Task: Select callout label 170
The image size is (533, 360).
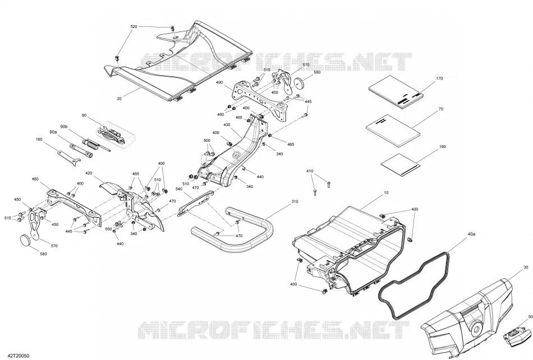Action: click(439, 79)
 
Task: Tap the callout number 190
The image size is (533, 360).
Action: click(442, 147)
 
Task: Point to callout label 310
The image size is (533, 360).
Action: click(295, 201)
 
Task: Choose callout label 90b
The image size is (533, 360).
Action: click(64, 127)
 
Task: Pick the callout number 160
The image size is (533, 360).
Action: click(39, 139)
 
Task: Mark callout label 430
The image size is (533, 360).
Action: click(227, 125)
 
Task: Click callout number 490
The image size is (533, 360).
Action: click(219, 82)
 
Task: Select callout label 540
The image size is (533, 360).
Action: click(179, 189)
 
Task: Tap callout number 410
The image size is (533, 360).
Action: click(310, 171)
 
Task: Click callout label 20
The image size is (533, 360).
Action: click(119, 99)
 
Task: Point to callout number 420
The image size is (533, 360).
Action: click(89, 173)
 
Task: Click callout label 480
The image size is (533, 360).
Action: click(35, 179)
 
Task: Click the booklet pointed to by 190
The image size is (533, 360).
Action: click(401, 165)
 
